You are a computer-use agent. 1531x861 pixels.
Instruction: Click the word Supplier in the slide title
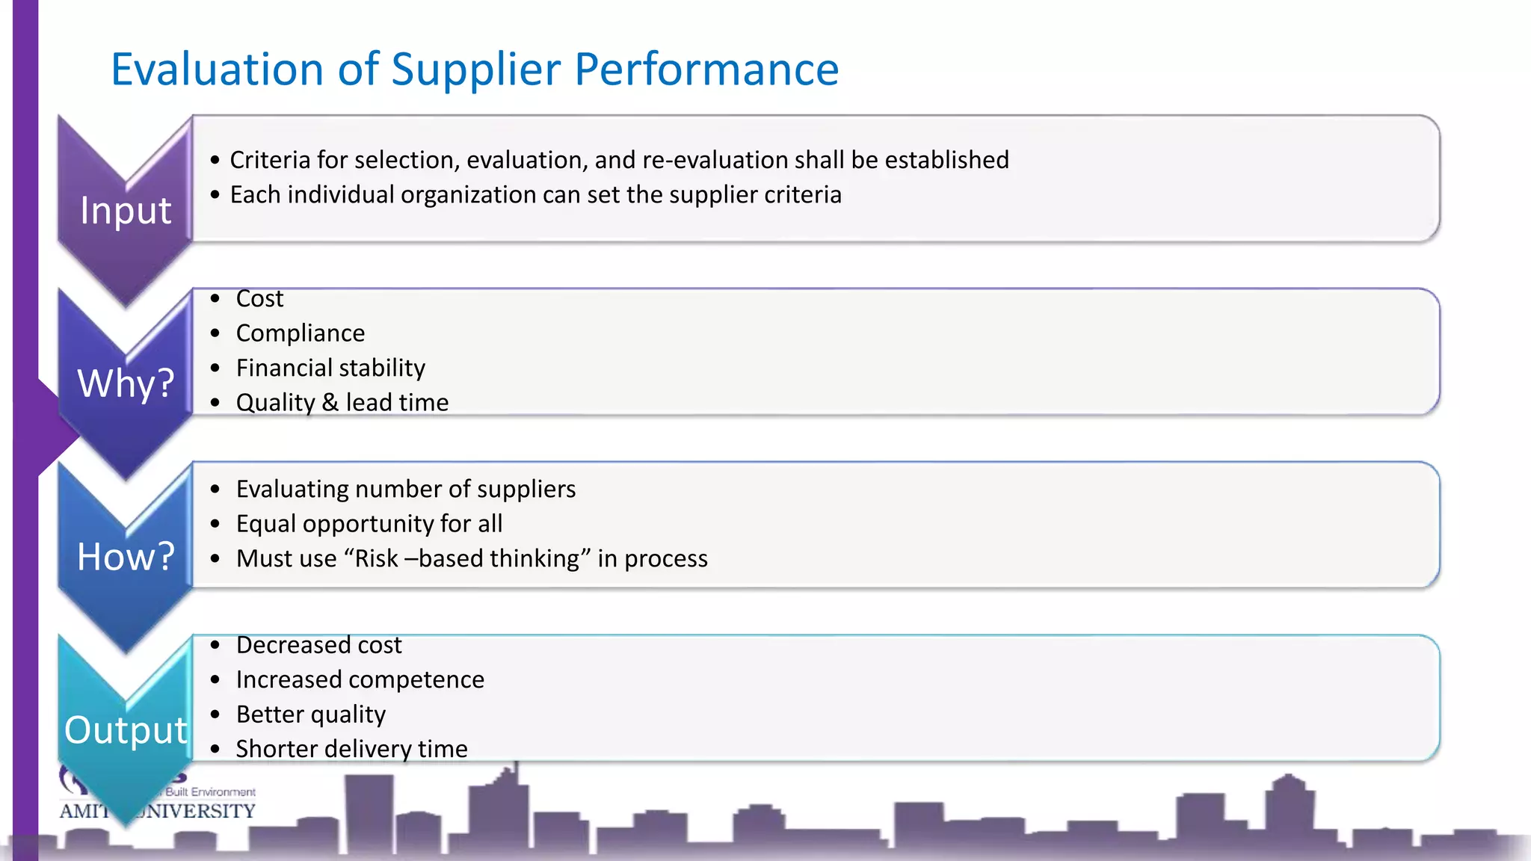475,70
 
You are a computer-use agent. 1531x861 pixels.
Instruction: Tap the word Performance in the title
706,70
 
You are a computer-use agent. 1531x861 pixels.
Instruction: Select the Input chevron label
126,210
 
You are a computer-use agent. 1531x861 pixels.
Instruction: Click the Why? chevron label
126,383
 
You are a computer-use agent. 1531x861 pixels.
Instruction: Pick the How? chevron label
126,557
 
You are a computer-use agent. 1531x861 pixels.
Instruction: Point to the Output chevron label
126,730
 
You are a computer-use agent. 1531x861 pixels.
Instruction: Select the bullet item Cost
259,299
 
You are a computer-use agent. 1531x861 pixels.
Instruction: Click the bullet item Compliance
301,333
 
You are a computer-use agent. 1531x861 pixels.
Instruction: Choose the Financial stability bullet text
330,368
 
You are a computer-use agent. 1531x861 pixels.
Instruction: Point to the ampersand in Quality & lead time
330,403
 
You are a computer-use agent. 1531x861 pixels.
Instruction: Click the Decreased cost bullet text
318,645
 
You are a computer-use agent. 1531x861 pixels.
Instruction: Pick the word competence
425,680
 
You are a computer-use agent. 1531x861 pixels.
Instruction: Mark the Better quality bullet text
311,715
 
